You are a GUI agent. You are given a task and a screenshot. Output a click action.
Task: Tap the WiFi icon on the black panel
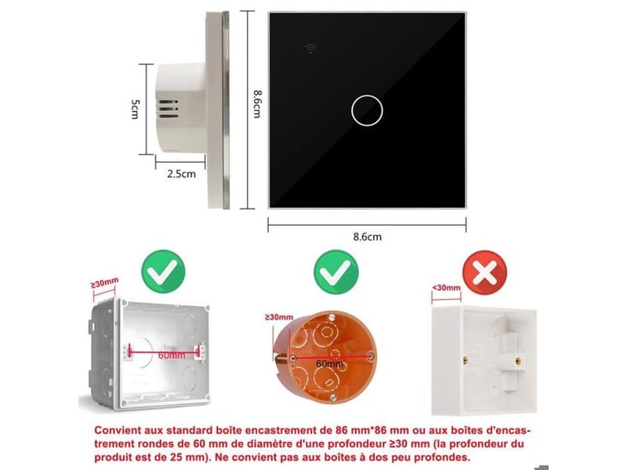pos(310,49)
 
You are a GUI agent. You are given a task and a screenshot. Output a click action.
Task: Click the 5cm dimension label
pos(135,109)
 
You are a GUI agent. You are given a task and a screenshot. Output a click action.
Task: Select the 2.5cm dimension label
pos(182,174)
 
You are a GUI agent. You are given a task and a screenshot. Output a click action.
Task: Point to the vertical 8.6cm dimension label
pos(257,104)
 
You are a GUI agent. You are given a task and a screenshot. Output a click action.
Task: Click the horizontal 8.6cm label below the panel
pos(367,237)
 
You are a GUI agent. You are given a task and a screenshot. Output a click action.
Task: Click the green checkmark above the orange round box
pos(336,272)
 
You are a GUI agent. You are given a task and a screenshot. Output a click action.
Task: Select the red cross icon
pos(484,273)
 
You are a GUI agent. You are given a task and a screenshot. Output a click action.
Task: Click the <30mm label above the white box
pos(446,287)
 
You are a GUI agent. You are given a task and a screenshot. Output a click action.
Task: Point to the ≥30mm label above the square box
pos(104,283)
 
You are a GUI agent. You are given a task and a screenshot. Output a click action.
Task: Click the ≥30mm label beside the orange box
pos(279,317)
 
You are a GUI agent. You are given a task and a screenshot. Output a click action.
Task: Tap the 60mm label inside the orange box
pos(329,363)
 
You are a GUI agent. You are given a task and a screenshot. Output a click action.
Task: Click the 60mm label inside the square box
pos(172,355)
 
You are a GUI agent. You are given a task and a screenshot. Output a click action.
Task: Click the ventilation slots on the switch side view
pos(169,109)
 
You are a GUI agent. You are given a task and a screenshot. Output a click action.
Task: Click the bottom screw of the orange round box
pos(332,397)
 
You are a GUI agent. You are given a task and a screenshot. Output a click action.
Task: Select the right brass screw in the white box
pos(518,361)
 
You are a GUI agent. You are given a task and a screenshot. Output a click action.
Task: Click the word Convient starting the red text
pos(118,430)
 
